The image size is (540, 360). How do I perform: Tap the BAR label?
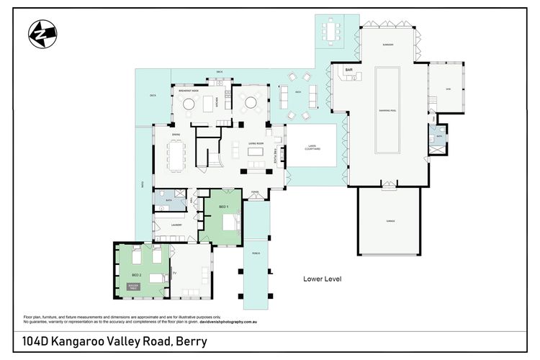(348, 70)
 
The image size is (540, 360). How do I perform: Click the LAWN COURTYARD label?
(311, 148)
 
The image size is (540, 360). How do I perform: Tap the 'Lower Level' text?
(321, 279)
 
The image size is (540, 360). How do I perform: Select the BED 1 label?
(223, 207)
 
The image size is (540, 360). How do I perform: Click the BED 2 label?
(136, 274)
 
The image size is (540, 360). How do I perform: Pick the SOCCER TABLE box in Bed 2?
(133, 287)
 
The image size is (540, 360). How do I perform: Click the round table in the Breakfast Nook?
(189, 104)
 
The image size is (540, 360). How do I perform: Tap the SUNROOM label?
(387, 45)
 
